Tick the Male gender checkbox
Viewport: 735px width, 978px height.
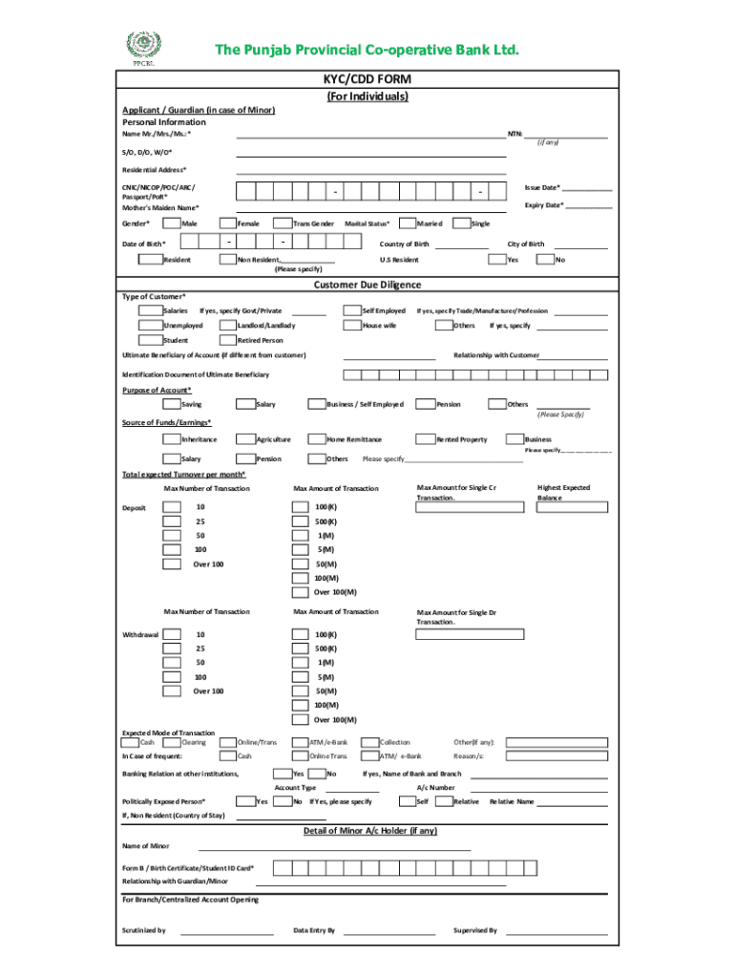(171, 223)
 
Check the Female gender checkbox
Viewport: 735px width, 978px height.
(225, 223)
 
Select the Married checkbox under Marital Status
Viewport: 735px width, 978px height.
(406, 223)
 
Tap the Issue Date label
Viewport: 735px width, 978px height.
(542, 187)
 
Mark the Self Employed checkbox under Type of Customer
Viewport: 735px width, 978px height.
(350, 310)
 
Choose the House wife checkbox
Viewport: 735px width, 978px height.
(350, 326)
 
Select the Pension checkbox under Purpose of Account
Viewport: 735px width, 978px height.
(426, 404)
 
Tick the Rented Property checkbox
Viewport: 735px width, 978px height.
(426, 439)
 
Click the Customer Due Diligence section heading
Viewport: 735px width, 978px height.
(367, 285)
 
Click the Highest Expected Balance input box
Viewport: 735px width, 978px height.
(563, 506)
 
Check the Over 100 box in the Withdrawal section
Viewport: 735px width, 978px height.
(171, 691)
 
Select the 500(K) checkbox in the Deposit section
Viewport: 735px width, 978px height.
(301, 522)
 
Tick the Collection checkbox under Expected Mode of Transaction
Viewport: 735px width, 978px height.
(368, 742)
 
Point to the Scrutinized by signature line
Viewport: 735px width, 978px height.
(227, 930)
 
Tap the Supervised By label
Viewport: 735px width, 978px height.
(474, 929)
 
